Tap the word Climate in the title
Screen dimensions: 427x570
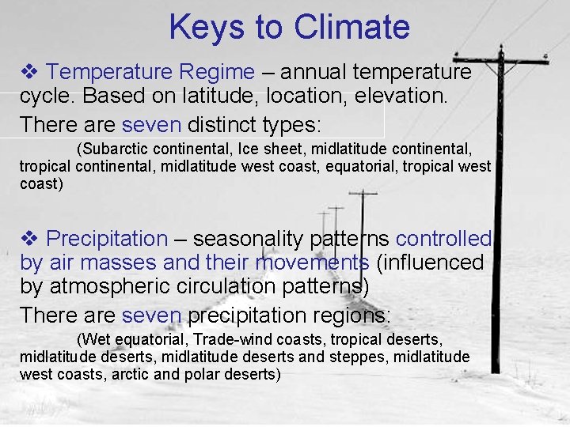[351, 27]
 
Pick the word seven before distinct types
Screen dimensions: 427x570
[151, 124]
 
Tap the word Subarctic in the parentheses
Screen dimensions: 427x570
[113, 149]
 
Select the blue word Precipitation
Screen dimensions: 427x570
[107, 239]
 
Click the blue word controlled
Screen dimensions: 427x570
[443, 239]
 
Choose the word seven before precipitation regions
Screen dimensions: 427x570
[151, 315]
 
